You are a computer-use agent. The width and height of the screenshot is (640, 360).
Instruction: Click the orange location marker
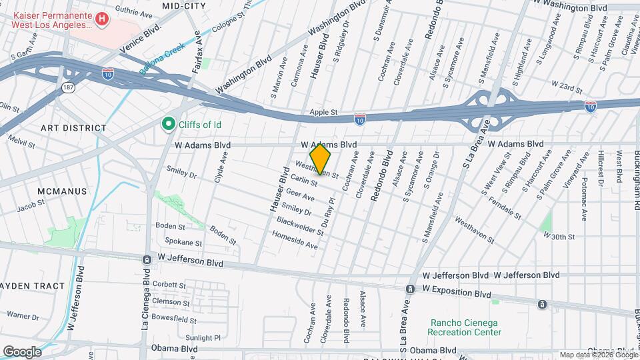(x=321, y=160)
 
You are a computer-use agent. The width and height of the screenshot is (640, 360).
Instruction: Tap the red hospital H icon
(x=101, y=19)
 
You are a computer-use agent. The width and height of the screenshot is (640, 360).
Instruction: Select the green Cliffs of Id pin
(x=169, y=123)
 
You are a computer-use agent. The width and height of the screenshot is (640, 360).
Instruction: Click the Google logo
(x=22, y=351)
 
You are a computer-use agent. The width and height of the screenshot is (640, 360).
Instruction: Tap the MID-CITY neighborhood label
(x=183, y=6)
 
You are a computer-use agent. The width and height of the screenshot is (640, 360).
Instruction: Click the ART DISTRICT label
(x=73, y=127)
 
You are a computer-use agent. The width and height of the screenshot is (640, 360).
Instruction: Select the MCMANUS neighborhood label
(x=62, y=191)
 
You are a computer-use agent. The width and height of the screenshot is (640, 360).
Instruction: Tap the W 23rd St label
(x=567, y=87)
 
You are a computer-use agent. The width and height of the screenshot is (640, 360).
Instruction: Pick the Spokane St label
(x=179, y=243)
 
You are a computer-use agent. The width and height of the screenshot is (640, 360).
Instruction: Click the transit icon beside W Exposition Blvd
(x=411, y=289)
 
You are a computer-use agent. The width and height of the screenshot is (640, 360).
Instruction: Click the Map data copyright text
(x=597, y=355)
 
